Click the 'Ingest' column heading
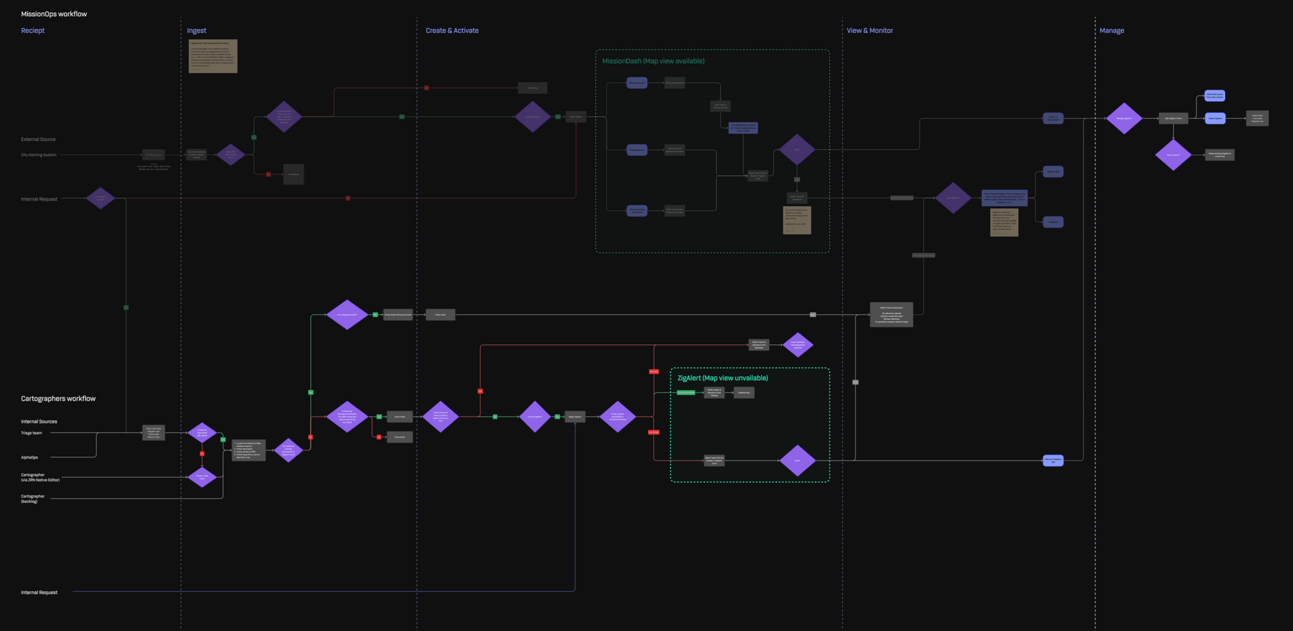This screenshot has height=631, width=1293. pyautogui.click(x=197, y=31)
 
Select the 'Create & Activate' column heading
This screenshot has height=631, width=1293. pyautogui.click(x=452, y=31)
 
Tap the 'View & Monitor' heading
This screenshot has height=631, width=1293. pyautogui.click(x=869, y=31)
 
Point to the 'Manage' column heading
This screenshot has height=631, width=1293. pyautogui.click(x=1111, y=31)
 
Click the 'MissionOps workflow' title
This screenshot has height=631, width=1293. pyautogui.click(x=54, y=14)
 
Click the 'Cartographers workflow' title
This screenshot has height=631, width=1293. pyautogui.click(x=58, y=399)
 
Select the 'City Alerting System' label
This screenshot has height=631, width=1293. pyautogui.click(x=38, y=155)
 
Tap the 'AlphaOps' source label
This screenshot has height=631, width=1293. pyautogui.click(x=30, y=457)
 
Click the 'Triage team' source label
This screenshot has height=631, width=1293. pyautogui.click(x=31, y=433)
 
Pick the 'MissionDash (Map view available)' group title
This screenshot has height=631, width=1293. pyautogui.click(x=653, y=61)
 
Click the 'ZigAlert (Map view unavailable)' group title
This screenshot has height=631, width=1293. pyautogui.click(x=723, y=378)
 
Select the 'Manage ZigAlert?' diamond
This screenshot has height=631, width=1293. pyautogui.click(x=1124, y=119)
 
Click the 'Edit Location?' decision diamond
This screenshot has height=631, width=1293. pyautogui.click(x=1173, y=155)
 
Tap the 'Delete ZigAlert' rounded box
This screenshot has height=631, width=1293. pyautogui.click(x=1215, y=119)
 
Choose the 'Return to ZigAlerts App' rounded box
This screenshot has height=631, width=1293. pyautogui.click(x=1053, y=461)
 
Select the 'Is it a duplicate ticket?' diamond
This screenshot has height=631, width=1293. pyautogui.click(x=347, y=314)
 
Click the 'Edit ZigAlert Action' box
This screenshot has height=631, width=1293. pyautogui.click(x=1173, y=119)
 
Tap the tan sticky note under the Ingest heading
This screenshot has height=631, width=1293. pyautogui.click(x=213, y=56)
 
